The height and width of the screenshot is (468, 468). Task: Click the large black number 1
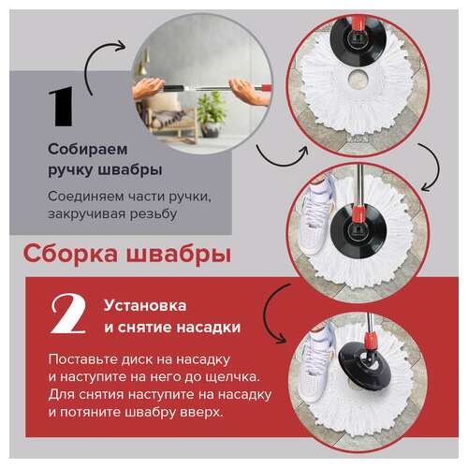pyautogui.click(x=61, y=107)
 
